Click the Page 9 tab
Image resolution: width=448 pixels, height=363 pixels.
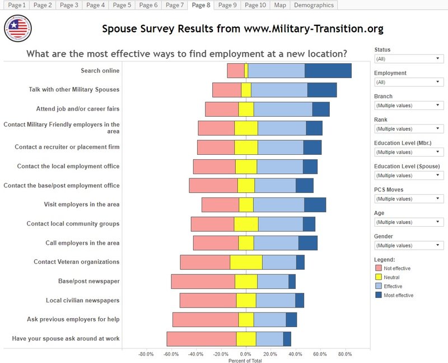pos(227,5)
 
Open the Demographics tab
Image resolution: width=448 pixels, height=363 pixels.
pos(314,5)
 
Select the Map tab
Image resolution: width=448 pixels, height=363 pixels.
pos(279,5)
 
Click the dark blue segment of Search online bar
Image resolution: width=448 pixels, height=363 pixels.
pos(328,71)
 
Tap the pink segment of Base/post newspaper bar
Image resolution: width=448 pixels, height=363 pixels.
pos(203,281)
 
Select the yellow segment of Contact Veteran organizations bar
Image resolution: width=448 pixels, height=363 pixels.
pos(246,262)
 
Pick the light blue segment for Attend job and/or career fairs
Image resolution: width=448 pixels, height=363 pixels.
pos(283,109)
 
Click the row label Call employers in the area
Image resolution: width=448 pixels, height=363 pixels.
pos(82,243)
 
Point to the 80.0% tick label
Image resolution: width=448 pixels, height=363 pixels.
pos(345,354)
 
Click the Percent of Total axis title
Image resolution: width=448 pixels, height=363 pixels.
pos(245,360)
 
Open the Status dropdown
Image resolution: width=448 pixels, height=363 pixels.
pos(409,59)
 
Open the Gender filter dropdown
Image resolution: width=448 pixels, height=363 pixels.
pos(409,246)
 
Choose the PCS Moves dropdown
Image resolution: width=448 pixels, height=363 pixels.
pos(409,199)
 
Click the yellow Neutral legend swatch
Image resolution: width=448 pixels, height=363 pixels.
pos(378,277)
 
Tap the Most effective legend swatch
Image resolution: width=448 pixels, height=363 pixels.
pos(378,295)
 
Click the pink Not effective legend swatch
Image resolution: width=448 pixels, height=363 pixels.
pos(378,268)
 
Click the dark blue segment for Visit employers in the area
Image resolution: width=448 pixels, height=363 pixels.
pos(315,205)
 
